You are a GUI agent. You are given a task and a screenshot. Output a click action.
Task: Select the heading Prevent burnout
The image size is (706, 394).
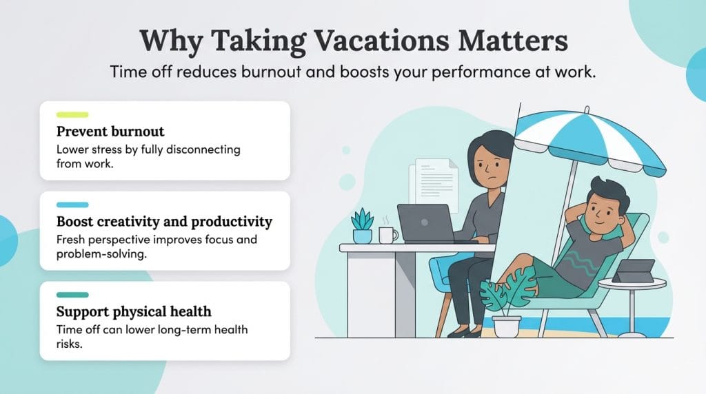click(x=110, y=131)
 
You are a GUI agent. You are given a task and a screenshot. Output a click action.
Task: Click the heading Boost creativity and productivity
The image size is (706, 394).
click(x=164, y=222)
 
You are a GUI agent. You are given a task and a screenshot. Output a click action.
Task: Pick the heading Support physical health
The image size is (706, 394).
click(x=134, y=311)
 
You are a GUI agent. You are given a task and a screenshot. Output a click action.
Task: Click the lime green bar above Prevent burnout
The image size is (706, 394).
click(x=72, y=114)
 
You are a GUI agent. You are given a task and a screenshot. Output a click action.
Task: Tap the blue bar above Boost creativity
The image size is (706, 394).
click(x=72, y=205)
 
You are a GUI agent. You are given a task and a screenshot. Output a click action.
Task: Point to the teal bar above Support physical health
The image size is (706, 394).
click(x=72, y=295)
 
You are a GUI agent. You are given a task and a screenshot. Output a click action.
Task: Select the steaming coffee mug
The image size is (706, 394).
click(x=387, y=235)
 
